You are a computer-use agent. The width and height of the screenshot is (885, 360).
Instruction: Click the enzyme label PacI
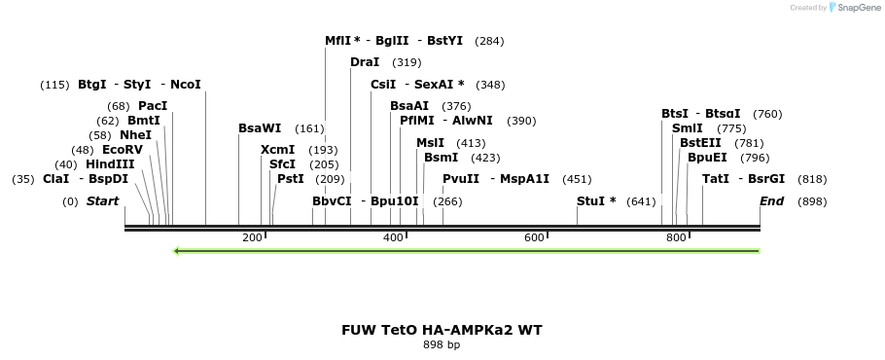(x=153, y=105)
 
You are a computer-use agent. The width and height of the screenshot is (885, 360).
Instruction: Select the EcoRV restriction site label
(x=122, y=150)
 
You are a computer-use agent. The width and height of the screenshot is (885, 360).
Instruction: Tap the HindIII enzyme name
(x=110, y=164)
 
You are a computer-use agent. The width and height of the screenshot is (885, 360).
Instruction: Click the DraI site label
(x=365, y=62)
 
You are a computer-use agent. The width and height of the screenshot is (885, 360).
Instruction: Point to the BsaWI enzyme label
(x=260, y=128)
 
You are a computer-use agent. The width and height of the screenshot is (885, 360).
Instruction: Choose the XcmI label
(x=277, y=150)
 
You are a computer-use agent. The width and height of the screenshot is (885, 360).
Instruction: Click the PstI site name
(x=291, y=179)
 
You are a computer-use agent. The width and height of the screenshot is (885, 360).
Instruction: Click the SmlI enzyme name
(x=688, y=128)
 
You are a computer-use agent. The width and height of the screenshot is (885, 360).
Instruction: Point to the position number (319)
(x=407, y=62)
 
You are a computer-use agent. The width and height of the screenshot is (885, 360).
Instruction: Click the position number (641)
(x=642, y=201)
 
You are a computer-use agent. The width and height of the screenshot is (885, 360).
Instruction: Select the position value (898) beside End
(x=812, y=201)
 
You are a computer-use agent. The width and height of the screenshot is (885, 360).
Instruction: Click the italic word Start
(x=103, y=201)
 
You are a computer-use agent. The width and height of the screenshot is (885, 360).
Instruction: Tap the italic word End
(x=771, y=201)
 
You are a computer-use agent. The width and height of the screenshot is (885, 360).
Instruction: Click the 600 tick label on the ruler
(x=534, y=238)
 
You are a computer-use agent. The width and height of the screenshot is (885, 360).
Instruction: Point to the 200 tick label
(x=252, y=238)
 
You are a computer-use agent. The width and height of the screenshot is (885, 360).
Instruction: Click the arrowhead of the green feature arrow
(x=176, y=251)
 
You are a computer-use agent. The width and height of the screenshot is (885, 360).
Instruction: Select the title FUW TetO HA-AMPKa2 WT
(x=442, y=330)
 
